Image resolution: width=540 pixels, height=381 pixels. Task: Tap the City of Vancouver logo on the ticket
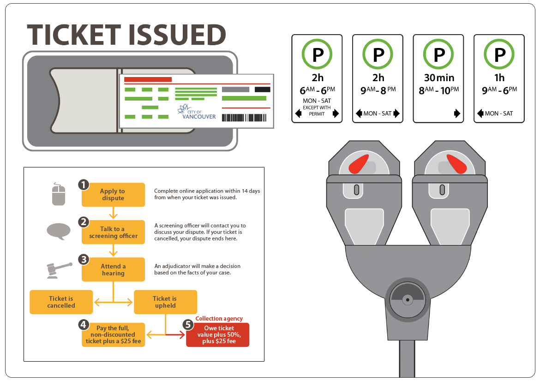(x=197, y=112)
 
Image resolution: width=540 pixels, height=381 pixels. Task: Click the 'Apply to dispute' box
(x=113, y=195)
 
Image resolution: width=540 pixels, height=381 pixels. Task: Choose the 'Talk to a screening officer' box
(x=113, y=232)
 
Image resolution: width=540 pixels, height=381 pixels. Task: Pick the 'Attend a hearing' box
(x=113, y=270)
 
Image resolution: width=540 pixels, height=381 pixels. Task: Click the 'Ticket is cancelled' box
(x=61, y=302)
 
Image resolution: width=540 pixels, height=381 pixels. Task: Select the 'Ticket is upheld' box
(x=165, y=302)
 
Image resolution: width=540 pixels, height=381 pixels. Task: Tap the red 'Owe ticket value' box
(x=218, y=335)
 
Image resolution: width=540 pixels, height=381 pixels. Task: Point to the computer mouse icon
(x=59, y=194)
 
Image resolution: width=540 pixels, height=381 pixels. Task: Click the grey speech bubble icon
(x=59, y=231)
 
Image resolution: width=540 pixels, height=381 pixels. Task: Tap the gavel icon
(x=59, y=269)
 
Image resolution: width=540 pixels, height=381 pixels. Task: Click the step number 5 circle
(x=188, y=325)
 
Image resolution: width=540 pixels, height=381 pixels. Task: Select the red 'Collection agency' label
(x=219, y=319)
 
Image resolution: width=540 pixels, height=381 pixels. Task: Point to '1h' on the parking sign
(x=499, y=77)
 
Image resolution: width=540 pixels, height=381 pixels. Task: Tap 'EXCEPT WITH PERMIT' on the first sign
(x=317, y=111)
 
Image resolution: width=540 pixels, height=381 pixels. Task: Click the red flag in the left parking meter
(x=359, y=164)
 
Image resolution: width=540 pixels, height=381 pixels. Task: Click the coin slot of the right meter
(x=442, y=189)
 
